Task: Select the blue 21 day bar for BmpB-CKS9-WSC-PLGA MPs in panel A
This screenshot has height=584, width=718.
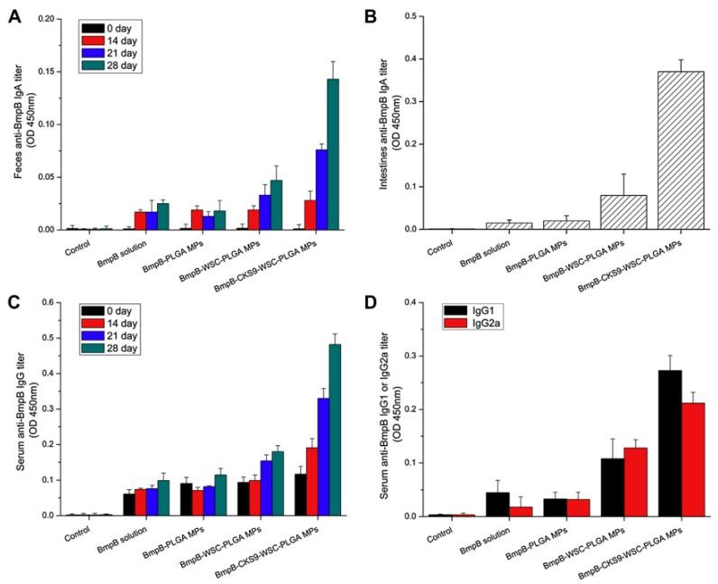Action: point(321,190)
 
